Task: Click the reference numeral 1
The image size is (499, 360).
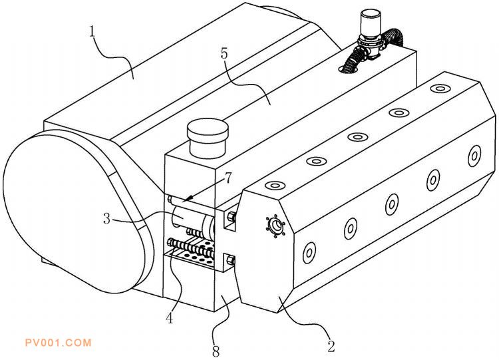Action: click(x=92, y=32)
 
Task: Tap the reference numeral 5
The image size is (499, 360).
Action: click(x=225, y=54)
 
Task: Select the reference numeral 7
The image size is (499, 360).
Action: click(x=228, y=178)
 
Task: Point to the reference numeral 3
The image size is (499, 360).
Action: click(x=107, y=219)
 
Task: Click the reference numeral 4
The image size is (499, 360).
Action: click(x=170, y=317)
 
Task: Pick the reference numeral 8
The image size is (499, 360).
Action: click(x=216, y=351)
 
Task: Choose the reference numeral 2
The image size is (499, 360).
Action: click(x=331, y=345)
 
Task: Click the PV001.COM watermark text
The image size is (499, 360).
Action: click(x=59, y=343)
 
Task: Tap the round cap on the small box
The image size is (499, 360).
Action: click(x=208, y=138)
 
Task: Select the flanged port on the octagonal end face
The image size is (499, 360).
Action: click(x=275, y=226)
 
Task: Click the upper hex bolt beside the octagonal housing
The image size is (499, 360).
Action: click(x=231, y=218)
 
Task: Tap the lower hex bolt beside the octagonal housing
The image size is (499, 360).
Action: click(x=230, y=260)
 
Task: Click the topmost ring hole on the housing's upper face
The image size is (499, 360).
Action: click(x=440, y=88)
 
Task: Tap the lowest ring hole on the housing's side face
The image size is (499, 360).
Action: click(x=309, y=253)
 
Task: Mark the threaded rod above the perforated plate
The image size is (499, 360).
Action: click(x=190, y=248)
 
